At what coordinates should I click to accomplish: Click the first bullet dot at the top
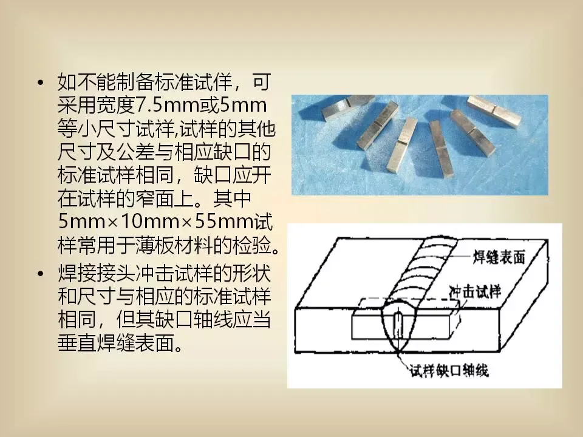(41, 83)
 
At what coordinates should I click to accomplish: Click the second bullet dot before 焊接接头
(41, 274)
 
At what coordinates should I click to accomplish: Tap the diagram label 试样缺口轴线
(449, 370)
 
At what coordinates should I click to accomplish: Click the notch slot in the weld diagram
(398, 324)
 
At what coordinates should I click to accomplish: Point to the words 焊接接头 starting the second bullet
(96, 274)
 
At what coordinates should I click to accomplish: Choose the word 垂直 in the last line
(77, 343)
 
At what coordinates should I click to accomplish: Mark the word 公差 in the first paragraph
(135, 152)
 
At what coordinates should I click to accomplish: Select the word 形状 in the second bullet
(251, 274)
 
